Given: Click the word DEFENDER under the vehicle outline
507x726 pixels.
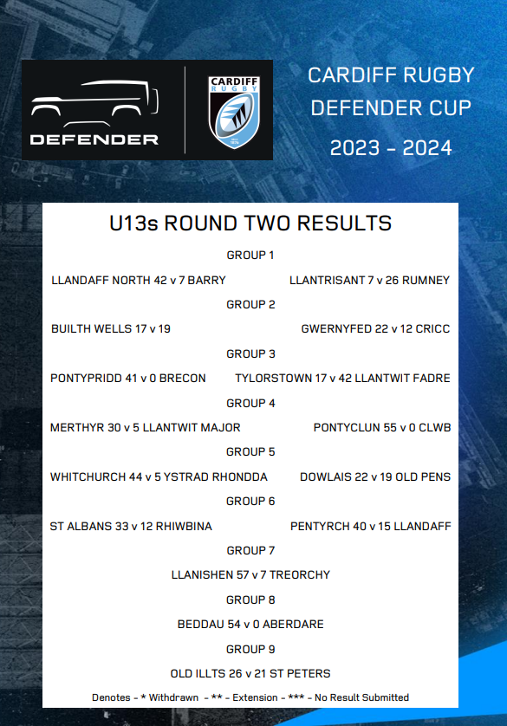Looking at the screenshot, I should [94, 139].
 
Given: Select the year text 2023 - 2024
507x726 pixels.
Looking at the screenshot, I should [391, 148].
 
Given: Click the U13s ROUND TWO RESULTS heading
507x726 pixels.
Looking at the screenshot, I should [250, 224].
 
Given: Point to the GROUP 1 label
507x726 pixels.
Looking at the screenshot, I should [250, 256].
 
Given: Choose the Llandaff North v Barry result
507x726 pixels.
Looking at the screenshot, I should [139, 281].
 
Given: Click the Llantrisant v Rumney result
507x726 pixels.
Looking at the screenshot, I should [369, 281].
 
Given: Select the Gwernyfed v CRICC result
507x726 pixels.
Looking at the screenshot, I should [375, 329].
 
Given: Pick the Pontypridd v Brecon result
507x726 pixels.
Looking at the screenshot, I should [128, 379].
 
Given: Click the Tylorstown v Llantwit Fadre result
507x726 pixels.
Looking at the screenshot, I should [342, 379].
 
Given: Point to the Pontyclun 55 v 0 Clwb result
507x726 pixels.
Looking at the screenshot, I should [381, 427].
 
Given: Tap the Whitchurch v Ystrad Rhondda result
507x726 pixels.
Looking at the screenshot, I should [159, 476].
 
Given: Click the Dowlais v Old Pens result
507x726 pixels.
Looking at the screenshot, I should [375, 476].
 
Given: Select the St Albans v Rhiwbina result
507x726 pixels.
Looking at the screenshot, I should [131, 526].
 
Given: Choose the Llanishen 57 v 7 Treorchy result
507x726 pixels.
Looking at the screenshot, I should [250, 574].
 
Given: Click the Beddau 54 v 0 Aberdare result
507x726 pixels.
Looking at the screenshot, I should [250, 624].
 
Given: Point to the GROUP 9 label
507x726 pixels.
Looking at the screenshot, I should [250, 649].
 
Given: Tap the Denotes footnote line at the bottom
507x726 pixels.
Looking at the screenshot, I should [250, 697].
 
